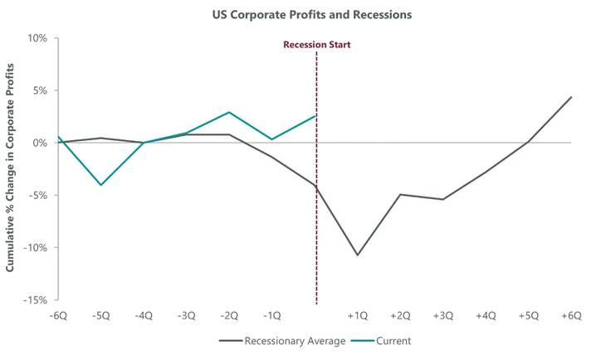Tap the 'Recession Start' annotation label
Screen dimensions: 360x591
(x=316, y=45)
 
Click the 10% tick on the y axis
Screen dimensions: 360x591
(x=38, y=38)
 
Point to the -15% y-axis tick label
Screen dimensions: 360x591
(x=36, y=299)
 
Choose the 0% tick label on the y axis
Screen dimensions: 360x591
(x=41, y=143)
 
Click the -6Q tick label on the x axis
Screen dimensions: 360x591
(x=59, y=316)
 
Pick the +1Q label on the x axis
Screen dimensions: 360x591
(x=358, y=316)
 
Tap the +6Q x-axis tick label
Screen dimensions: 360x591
(x=571, y=316)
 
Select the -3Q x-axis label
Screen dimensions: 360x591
(x=187, y=316)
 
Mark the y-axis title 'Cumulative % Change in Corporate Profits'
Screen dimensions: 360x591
(x=12, y=168)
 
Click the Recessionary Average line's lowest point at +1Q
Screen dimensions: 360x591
(x=358, y=255)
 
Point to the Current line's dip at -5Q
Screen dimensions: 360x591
(x=101, y=185)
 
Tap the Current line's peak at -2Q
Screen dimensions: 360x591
(x=229, y=112)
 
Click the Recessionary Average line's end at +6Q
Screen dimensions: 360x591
(x=571, y=97)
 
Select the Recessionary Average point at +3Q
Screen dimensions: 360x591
(x=443, y=199)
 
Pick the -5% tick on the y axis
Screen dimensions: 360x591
(x=38, y=195)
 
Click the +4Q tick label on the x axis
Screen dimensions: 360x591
(x=486, y=316)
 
